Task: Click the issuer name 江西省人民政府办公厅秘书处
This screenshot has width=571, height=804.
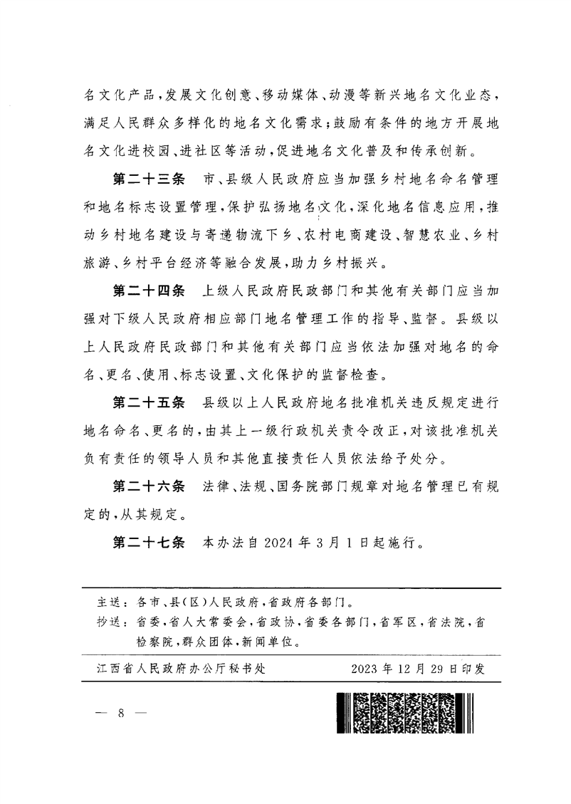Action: point(178,669)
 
